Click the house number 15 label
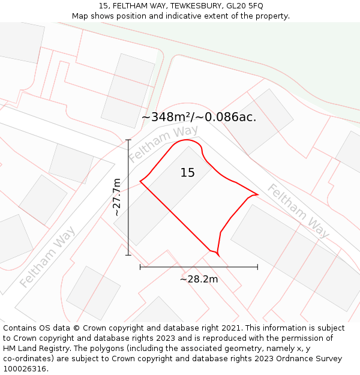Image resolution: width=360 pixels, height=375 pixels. (188, 173)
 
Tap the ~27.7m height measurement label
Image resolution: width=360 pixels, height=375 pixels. (116, 197)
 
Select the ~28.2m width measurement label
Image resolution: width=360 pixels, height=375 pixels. (199, 279)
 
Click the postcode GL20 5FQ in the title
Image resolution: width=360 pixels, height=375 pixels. (245, 6)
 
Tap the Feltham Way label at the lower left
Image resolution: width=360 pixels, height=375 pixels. (47, 257)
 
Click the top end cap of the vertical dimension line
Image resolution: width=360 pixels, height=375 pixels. (128, 140)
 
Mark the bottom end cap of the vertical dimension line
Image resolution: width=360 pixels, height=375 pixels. (128, 255)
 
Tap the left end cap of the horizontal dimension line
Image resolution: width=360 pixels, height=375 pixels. (140, 267)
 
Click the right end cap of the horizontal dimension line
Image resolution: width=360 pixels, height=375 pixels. (257, 267)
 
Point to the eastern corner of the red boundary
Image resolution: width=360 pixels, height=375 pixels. (257, 194)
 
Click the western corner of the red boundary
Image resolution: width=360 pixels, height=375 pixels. (140, 181)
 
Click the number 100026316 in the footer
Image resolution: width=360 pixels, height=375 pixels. (23, 369)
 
